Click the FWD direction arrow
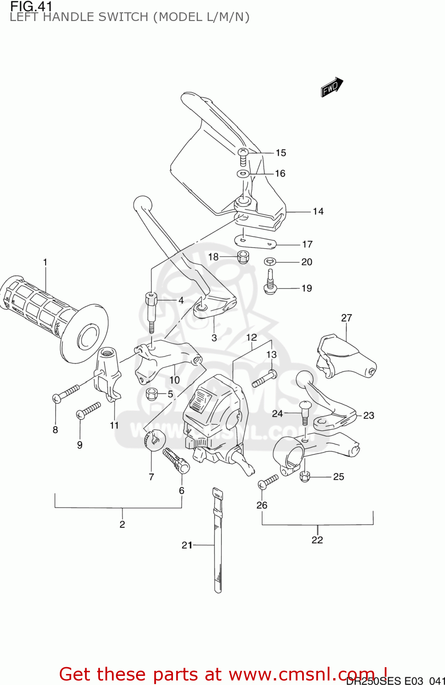pos(331,87)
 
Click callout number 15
pos(281,153)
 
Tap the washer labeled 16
pos(243,174)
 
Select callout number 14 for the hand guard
pos(318,211)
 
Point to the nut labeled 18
pos(243,257)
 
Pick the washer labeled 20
pos(270,262)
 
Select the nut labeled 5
pos(152,393)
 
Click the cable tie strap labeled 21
pos(218,543)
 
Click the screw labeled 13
pos(264,379)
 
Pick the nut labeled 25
pos(305,476)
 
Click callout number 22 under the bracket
pos(317,540)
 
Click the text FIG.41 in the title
pos(31,6)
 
